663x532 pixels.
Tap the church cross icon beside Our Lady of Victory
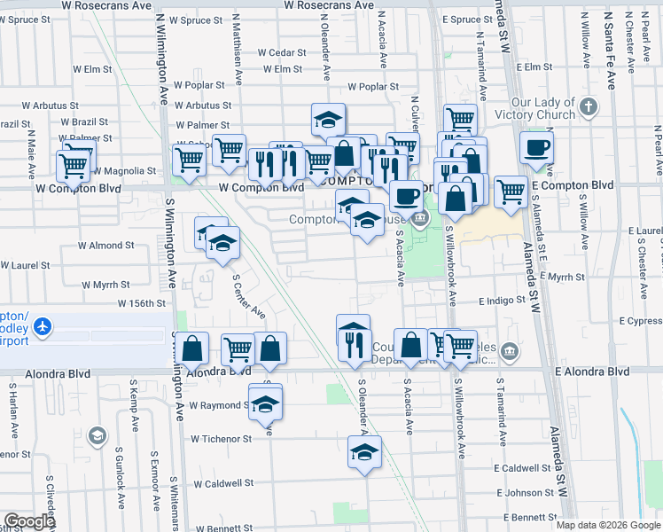(589, 108)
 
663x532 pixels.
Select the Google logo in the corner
(29, 521)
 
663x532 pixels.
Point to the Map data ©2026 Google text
(607, 525)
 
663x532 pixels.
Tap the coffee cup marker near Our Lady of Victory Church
(535, 148)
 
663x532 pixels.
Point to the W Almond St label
(105, 245)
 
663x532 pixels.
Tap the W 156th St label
(142, 302)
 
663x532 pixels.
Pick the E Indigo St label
(503, 301)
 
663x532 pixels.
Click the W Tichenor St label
(222, 439)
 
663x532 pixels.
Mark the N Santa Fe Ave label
(610, 50)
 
